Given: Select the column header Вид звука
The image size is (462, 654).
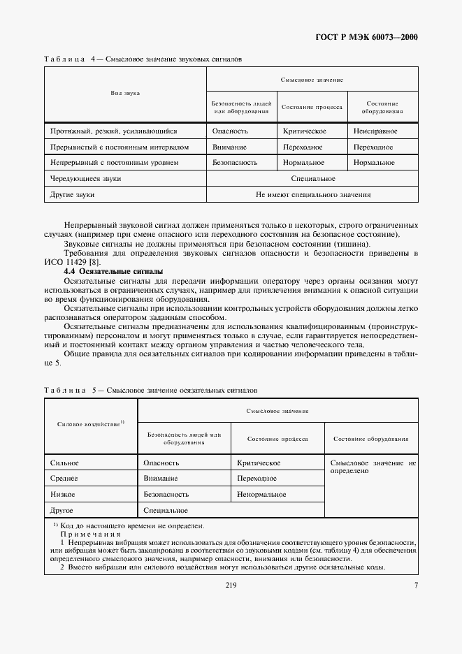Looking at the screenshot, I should pyautogui.click(x=124, y=92).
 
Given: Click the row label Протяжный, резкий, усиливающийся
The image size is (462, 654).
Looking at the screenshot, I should pyautogui.click(x=114, y=131).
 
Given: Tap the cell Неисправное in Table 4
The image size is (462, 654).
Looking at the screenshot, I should pyautogui.click(x=375, y=131).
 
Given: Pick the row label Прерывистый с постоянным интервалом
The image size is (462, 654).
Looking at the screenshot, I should pyautogui.click(x=120, y=147).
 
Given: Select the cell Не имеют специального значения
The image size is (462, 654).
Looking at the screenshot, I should pyautogui.click(x=313, y=195).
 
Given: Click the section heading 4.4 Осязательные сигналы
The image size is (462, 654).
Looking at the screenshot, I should pyautogui.click(x=113, y=270).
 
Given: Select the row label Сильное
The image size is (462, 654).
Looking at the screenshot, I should pyautogui.click(x=64, y=463).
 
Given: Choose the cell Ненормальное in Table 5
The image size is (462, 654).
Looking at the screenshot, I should pyautogui.click(x=261, y=494).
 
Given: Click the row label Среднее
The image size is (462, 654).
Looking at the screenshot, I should pyautogui.click(x=64, y=479).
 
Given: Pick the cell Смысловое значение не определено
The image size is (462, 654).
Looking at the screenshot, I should pyautogui.click(x=372, y=467).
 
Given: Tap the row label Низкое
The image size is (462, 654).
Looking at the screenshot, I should pyautogui.click(x=63, y=494).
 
